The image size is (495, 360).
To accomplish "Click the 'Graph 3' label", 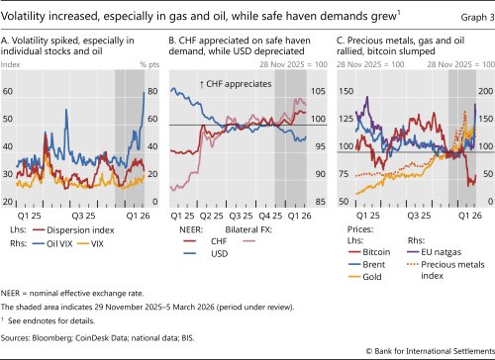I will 465,12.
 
